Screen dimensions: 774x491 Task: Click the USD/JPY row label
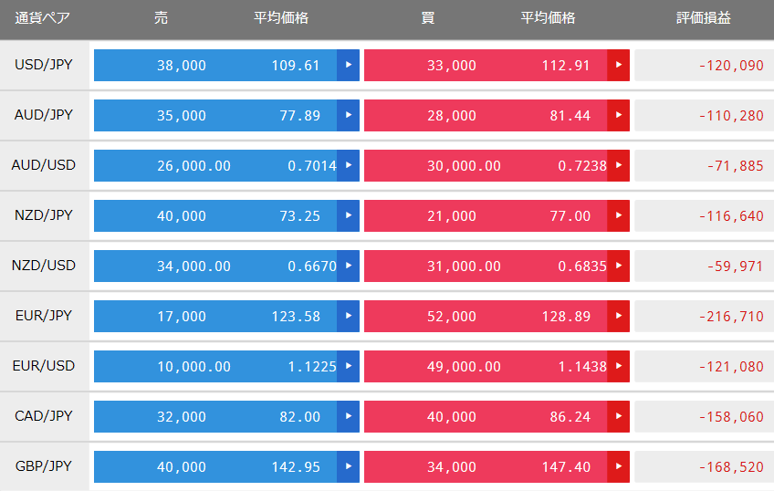click(x=44, y=65)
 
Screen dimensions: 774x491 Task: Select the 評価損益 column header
click(x=704, y=17)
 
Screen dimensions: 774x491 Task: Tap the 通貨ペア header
click(x=43, y=17)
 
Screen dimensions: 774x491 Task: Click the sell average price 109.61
click(x=296, y=65)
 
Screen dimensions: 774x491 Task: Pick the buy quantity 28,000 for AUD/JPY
click(x=452, y=116)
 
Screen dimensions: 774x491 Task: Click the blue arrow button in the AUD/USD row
click(x=349, y=165)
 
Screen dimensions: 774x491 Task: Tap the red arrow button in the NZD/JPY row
click(x=619, y=215)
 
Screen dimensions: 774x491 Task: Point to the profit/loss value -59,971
click(x=736, y=266)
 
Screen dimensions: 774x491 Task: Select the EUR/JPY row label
click(x=44, y=316)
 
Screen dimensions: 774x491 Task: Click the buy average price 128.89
click(x=566, y=316)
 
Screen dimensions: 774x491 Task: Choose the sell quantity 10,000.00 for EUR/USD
click(x=194, y=366)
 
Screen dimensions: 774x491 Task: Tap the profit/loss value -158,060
click(x=731, y=416)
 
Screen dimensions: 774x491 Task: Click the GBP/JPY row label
click(x=44, y=465)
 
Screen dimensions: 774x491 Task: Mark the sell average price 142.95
click(x=296, y=467)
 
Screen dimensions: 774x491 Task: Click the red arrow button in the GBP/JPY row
click(x=619, y=466)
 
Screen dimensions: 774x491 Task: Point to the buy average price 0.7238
click(x=582, y=166)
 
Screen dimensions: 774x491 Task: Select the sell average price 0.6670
click(x=312, y=266)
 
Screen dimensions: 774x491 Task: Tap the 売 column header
click(x=161, y=17)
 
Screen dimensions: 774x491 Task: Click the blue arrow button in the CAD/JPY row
click(x=349, y=416)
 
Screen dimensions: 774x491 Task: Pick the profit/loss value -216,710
click(x=731, y=316)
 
